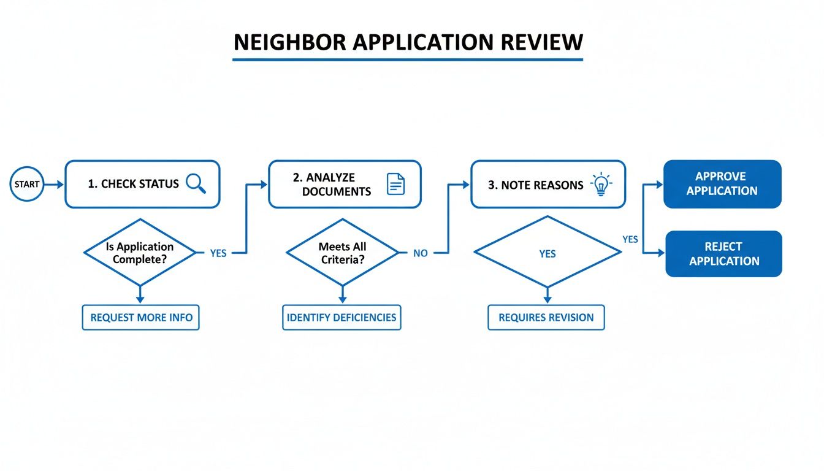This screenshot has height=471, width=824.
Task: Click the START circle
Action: pyautogui.click(x=26, y=184)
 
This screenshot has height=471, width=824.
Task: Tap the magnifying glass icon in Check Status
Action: pyautogui.click(x=195, y=183)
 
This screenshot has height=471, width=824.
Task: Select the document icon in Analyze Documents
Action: pyautogui.click(x=396, y=184)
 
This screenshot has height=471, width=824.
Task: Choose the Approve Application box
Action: pyautogui.click(x=722, y=184)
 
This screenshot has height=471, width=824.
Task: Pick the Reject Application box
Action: pyautogui.click(x=723, y=254)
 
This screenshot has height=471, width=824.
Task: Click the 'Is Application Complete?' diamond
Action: pyautogui.click(x=140, y=253)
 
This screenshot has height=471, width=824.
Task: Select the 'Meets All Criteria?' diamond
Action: pyautogui.click(x=342, y=253)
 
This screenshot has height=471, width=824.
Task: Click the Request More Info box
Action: pyautogui.click(x=141, y=318)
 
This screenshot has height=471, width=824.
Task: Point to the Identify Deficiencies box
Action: pyautogui.click(x=341, y=318)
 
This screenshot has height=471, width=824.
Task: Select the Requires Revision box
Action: pyautogui.click(x=546, y=318)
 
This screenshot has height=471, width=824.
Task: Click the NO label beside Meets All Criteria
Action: pyautogui.click(x=420, y=253)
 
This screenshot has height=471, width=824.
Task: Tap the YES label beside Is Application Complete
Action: pyautogui.click(x=218, y=253)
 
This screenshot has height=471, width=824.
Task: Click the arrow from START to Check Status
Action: pyautogui.click(x=55, y=184)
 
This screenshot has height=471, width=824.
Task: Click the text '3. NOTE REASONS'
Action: pyautogui.click(x=535, y=185)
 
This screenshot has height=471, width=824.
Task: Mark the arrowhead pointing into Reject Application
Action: pyautogui.click(x=661, y=253)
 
